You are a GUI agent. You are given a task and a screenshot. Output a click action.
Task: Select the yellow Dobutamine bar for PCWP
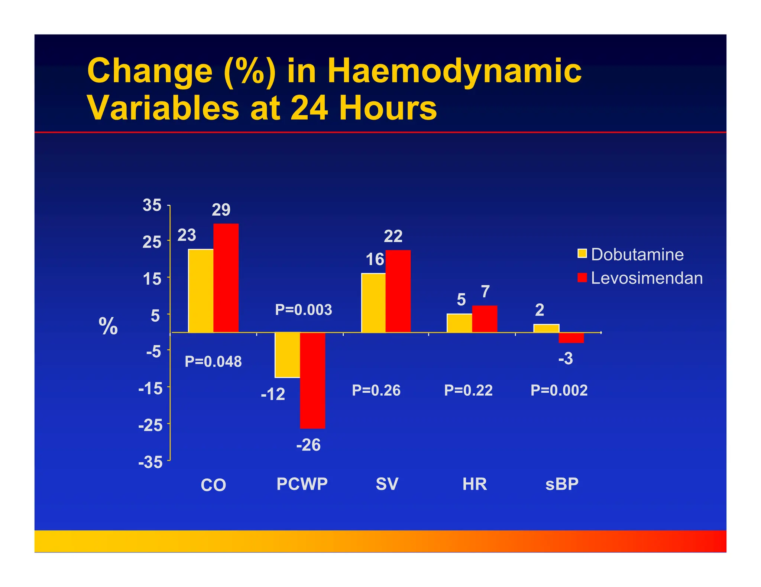[287, 355]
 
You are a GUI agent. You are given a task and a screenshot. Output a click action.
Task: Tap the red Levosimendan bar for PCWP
[313, 380]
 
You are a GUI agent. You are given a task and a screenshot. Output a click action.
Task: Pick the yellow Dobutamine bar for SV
[373, 303]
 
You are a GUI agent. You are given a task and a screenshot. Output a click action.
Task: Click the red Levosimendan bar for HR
[485, 319]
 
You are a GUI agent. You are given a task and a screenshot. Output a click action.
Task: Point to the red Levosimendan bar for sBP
[571, 338]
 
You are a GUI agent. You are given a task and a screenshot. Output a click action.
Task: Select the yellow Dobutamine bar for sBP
[546, 328]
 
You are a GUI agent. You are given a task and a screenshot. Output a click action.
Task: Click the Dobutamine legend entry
[631, 255]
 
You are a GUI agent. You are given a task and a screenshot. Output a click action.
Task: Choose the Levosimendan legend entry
[640, 278]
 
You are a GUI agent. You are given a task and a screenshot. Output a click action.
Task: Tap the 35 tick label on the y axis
[152, 205]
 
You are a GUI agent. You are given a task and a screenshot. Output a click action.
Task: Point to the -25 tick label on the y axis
[150, 425]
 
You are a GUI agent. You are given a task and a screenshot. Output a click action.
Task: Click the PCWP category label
[302, 484]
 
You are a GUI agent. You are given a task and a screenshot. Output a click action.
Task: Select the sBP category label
[562, 484]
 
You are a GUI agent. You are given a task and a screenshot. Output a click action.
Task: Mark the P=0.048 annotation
[213, 361]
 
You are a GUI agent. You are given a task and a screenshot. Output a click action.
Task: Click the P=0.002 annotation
[559, 390]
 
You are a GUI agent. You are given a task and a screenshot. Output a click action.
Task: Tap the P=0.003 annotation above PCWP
[304, 310]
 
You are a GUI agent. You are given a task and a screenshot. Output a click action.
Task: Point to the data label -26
[308, 445]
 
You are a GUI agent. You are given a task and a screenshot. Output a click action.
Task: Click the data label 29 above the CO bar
[221, 210]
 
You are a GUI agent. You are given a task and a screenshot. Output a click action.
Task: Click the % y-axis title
[108, 327]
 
